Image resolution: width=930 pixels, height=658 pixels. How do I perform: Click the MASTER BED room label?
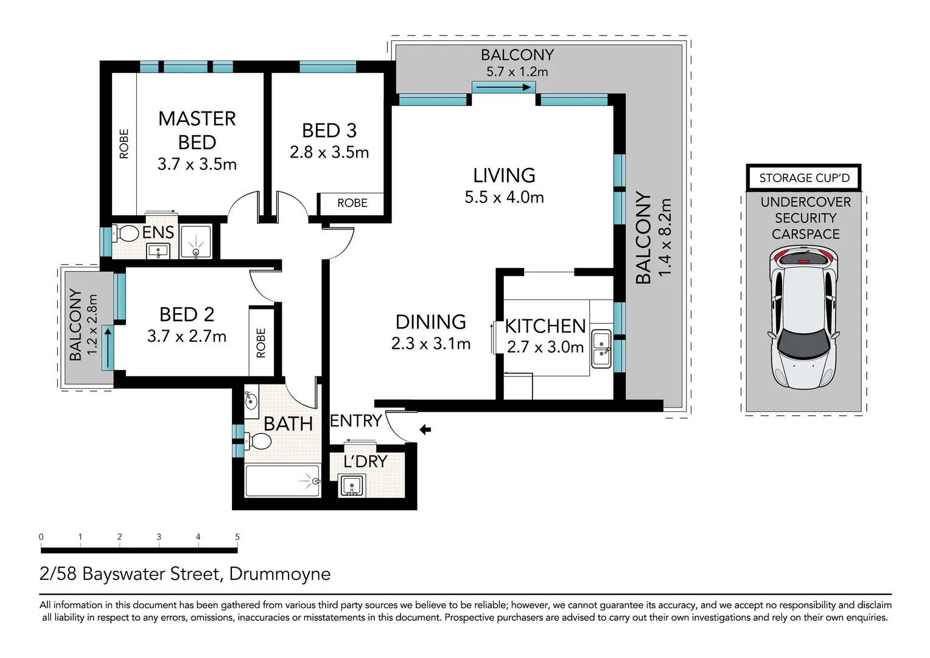click(x=197, y=130)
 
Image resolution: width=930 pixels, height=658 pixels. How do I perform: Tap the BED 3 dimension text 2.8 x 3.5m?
click(x=329, y=152)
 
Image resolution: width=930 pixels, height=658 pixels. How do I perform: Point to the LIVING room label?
click(x=504, y=175)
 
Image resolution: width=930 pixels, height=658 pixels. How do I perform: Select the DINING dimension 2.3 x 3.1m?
click(x=430, y=344)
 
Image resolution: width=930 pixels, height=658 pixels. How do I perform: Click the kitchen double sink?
click(x=601, y=348)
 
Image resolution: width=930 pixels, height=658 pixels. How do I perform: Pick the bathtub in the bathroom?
click(x=283, y=481)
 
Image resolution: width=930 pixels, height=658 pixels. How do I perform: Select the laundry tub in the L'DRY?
click(x=352, y=485)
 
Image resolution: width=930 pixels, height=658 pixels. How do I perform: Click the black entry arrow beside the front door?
click(x=425, y=430)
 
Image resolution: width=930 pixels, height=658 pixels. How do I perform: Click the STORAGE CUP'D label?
click(x=804, y=178)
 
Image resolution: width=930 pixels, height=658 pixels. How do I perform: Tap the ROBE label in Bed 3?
click(x=352, y=203)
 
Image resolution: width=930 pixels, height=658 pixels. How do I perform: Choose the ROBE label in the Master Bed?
click(x=124, y=144)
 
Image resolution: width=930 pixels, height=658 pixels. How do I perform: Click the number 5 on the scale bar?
click(x=237, y=537)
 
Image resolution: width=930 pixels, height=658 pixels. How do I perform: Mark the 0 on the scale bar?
click(x=41, y=537)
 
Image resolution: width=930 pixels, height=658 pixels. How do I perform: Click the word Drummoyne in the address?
click(x=280, y=574)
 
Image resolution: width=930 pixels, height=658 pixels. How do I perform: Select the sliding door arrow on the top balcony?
click(x=503, y=87)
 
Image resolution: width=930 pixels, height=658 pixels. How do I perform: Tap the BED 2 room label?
click(x=187, y=314)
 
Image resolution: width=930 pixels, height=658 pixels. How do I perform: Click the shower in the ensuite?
click(x=196, y=241)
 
